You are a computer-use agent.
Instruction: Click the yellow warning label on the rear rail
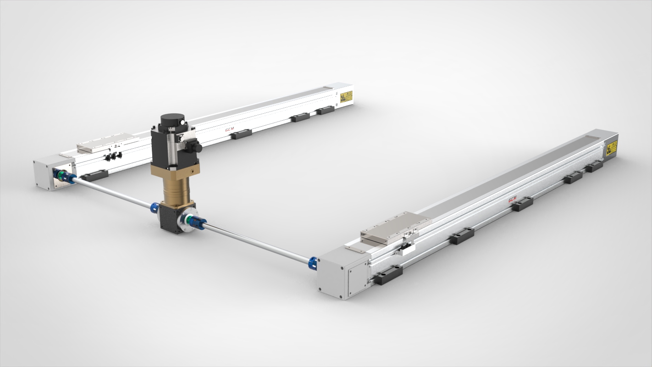tap(346, 97)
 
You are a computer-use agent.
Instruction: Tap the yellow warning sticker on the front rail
tap(611, 148)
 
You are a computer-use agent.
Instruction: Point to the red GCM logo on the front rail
tap(512, 199)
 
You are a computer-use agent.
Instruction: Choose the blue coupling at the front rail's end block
tap(313, 263)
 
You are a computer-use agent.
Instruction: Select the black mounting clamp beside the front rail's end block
tap(388, 274)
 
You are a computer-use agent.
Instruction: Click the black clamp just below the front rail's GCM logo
tap(522, 204)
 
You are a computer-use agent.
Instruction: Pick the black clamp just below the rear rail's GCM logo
tap(241, 134)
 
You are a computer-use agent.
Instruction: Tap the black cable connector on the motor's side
tap(195, 147)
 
